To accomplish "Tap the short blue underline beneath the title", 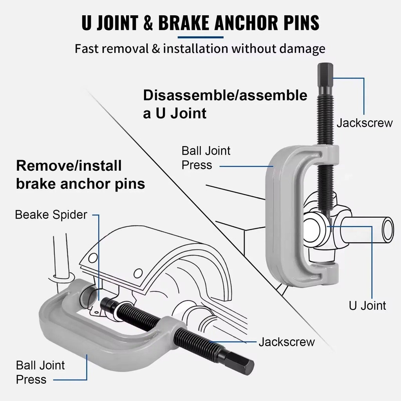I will [x=200, y=38].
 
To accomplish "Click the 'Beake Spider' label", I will [x=51, y=215].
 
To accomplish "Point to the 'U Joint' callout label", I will [x=367, y=305].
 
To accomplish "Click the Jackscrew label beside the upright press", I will [x=364, y=123].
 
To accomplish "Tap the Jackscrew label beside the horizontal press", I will [x=287, y=342].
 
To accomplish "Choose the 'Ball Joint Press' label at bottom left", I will [x=40, y=372].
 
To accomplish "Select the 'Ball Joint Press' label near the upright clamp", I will [x=206, y=158].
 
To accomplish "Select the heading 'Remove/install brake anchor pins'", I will [x=80, y=175].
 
